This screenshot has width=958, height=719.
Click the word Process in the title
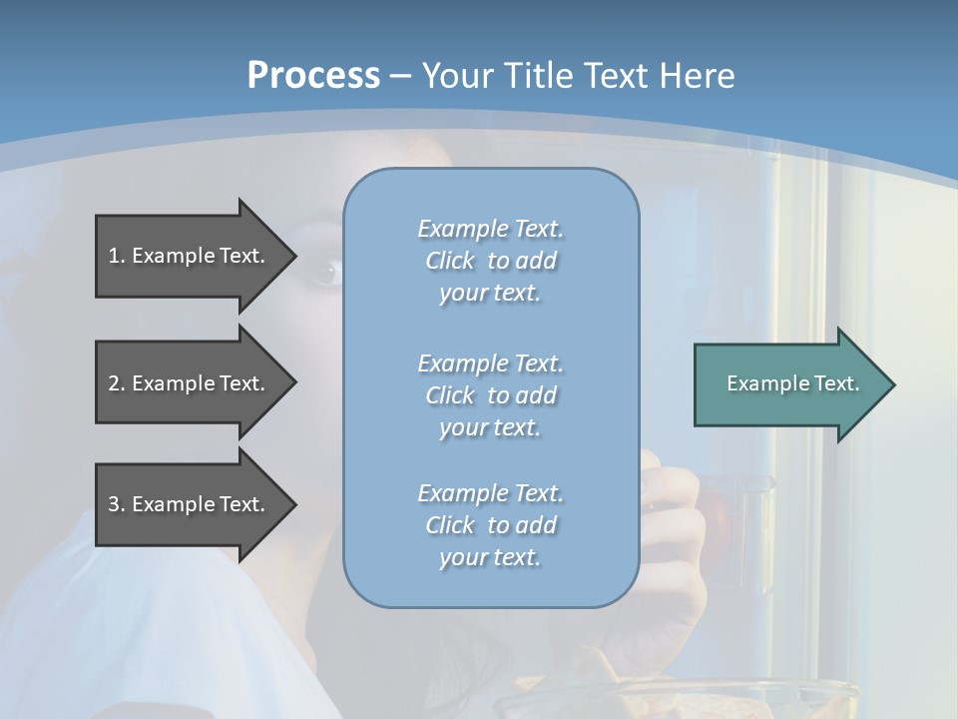tap(313, 76)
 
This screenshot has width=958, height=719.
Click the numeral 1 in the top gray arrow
tap(114, 256)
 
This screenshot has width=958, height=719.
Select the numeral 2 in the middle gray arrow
tap(114, 383)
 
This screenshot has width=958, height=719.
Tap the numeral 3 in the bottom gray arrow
tap(114, 504)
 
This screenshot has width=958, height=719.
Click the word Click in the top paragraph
tap(450, 262)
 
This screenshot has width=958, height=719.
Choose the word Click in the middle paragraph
tap(450, 395)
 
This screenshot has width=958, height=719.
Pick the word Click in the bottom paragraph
tap(450, 525)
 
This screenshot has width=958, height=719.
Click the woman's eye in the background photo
tap(324, 272)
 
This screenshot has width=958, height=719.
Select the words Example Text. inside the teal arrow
tap(793, 383)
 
